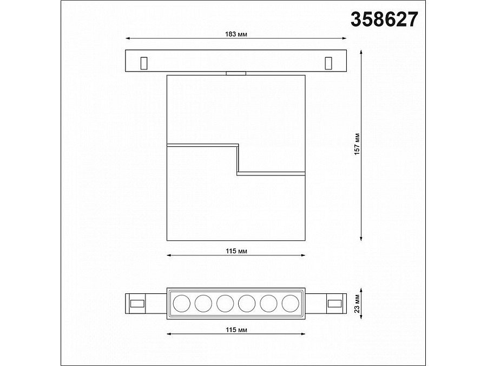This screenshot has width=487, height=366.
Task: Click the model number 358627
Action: (385, 20)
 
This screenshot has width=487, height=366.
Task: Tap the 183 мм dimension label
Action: (236, 33)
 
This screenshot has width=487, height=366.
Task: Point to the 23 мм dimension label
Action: (357, 303)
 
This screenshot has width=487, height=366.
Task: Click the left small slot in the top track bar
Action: (144, 63)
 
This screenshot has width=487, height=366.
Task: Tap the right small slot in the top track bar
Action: (328, 63)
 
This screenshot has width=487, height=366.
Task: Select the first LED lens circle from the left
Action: (181, 303)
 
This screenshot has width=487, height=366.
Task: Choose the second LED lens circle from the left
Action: (203, 303)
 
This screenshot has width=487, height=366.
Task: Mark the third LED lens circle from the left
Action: (225, 303)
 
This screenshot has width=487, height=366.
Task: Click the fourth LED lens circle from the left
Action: (247, 303)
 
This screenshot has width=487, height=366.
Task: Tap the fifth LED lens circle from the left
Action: (268, 303)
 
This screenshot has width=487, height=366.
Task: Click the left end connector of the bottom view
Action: (136, 303)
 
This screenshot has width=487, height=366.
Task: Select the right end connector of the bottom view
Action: (335, 303)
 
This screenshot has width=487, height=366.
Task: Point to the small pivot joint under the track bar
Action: (236, 73)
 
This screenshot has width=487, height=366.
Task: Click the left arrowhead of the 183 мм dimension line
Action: (128, 38)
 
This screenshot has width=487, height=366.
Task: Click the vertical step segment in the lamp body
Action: (237, 159)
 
